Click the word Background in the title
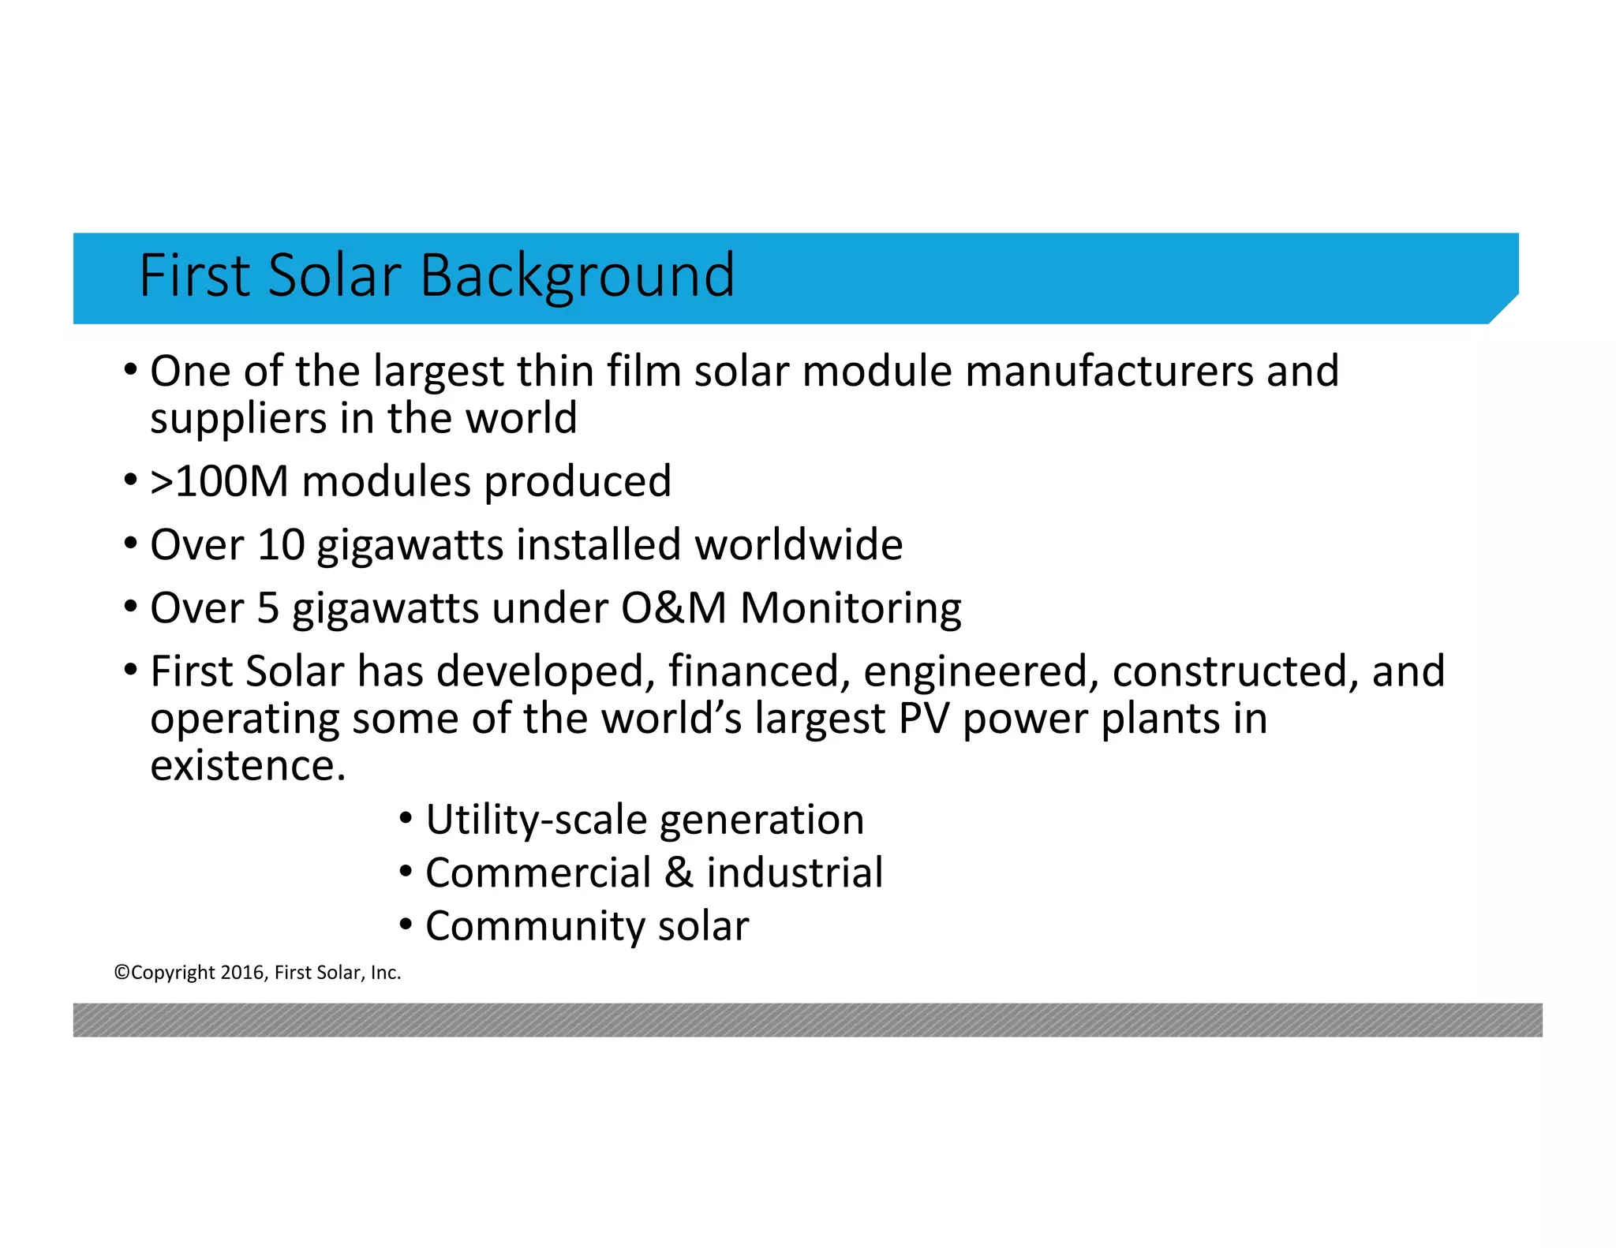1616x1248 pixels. pyautogui.click(x=577, y=276)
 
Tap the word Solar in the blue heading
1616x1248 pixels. pyautogui.click(x=335, y=276)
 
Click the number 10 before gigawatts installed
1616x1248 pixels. pyautogui.click(x=280, y=545)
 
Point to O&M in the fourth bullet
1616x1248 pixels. pyautogui.click(x=673, y=608)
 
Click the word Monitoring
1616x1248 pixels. pyautogui.click(x=851, y=608)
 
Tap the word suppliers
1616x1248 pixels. pyautogui.click(x=238, y=419)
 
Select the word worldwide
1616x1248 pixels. pyautogui.click(x=799, y=545)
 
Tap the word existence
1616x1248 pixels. pyautogui.click(x=248, y=766)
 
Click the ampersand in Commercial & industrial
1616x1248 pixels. pyautogui.click(x=679, y=873)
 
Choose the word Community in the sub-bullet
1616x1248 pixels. pyautogui.click(x=536, y=926)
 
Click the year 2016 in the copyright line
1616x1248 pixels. pyautogui.click(x=242, y=973)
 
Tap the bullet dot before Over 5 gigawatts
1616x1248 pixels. pyautogui.click(x=131, y=607)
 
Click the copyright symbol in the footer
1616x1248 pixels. pyautogui.click(x=122, y=973)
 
